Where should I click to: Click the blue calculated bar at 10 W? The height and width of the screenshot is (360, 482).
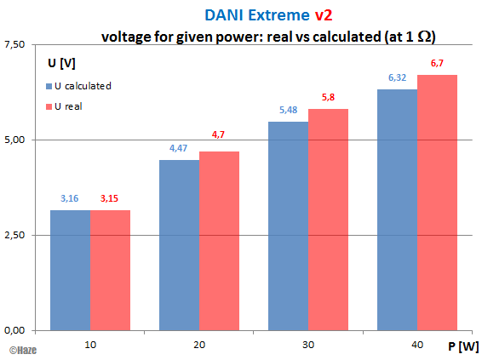click(x=70, y=270)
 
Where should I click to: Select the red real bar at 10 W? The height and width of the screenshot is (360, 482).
click(x=109, y=270)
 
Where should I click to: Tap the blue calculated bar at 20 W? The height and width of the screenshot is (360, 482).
click(x=179, y=245)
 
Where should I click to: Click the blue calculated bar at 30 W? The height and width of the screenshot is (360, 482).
click(x=288, y=226)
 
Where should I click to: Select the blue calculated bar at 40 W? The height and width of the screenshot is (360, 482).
click(x=397, y=209)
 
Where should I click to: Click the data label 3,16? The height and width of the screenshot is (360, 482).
click(x=70, y=198)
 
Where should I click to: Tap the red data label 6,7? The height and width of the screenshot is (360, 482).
click(x=438, y=64)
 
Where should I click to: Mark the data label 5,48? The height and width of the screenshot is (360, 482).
click(x=288, y=111)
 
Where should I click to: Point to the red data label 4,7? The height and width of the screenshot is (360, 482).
click(x=219, y=134)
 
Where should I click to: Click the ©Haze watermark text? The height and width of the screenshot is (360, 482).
click(x=21, y=350)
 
